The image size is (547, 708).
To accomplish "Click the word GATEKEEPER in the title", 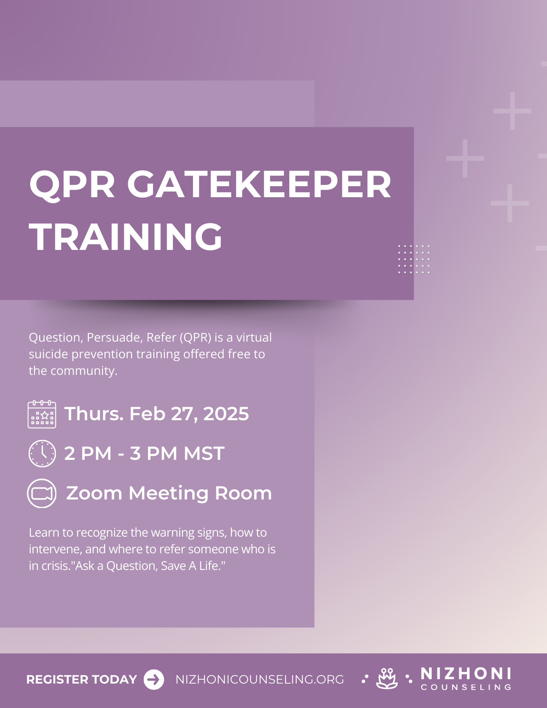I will [x=259, y=185].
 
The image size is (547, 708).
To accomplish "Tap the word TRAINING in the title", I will [x=126, y=237].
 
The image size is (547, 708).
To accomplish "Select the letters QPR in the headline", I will [x=72, y=185].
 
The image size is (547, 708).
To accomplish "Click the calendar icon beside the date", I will [x=42, y=414].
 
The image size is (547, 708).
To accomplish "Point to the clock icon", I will [x=42, y=453].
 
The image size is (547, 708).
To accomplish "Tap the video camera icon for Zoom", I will [x=42, y=493].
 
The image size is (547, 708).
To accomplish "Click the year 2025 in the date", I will [x=226, y=414].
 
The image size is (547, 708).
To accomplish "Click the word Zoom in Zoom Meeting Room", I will [x=94, y=493].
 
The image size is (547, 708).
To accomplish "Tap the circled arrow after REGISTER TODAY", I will [x=154, y=680].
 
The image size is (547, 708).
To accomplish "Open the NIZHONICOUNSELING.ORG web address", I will [x=260, y=680].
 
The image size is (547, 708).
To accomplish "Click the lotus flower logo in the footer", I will [x=387, y=679].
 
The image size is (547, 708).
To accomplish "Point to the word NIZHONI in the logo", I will [x=466, y=674].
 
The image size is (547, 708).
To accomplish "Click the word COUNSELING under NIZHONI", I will [x=466, y=687].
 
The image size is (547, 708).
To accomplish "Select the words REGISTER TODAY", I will [x=81, y=680].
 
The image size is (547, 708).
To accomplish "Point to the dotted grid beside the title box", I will [x=414, y=259].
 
